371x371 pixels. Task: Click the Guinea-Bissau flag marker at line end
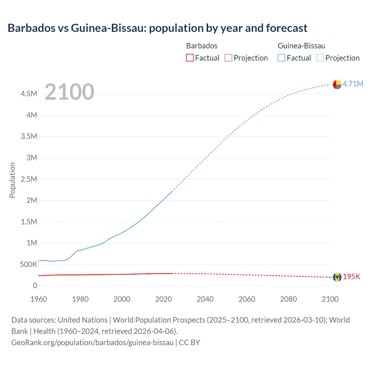click(x=337, y=84)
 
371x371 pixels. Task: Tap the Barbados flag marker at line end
click(x=337, y=277)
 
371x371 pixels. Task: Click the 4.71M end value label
click(x=353, y=84)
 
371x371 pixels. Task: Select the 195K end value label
click(x=351, y=277)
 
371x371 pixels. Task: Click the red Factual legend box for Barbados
click(x=190, y=58)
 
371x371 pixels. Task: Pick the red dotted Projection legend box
click(x=228, y=58)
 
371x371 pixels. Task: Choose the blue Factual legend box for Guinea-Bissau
click(x=281, y=58)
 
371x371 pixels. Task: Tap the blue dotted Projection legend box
click(x=320, y=58)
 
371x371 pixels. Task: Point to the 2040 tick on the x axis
click(x=205, y=299)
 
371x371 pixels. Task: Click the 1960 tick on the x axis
click(x=39, y=299)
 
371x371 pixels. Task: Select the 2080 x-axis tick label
click(x=288, y=299)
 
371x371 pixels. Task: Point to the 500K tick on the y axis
click(x=28, y=264)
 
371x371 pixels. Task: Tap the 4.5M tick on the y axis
click(x=29, y=94)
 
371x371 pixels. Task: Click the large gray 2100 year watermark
click(x=69, y=92)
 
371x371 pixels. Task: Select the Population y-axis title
click(x=12, y=180)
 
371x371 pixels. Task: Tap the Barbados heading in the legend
click(x=202, y=46)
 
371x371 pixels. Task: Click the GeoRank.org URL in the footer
click(x=92, y=343)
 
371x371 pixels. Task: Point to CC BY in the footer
click(x=190, y=343)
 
